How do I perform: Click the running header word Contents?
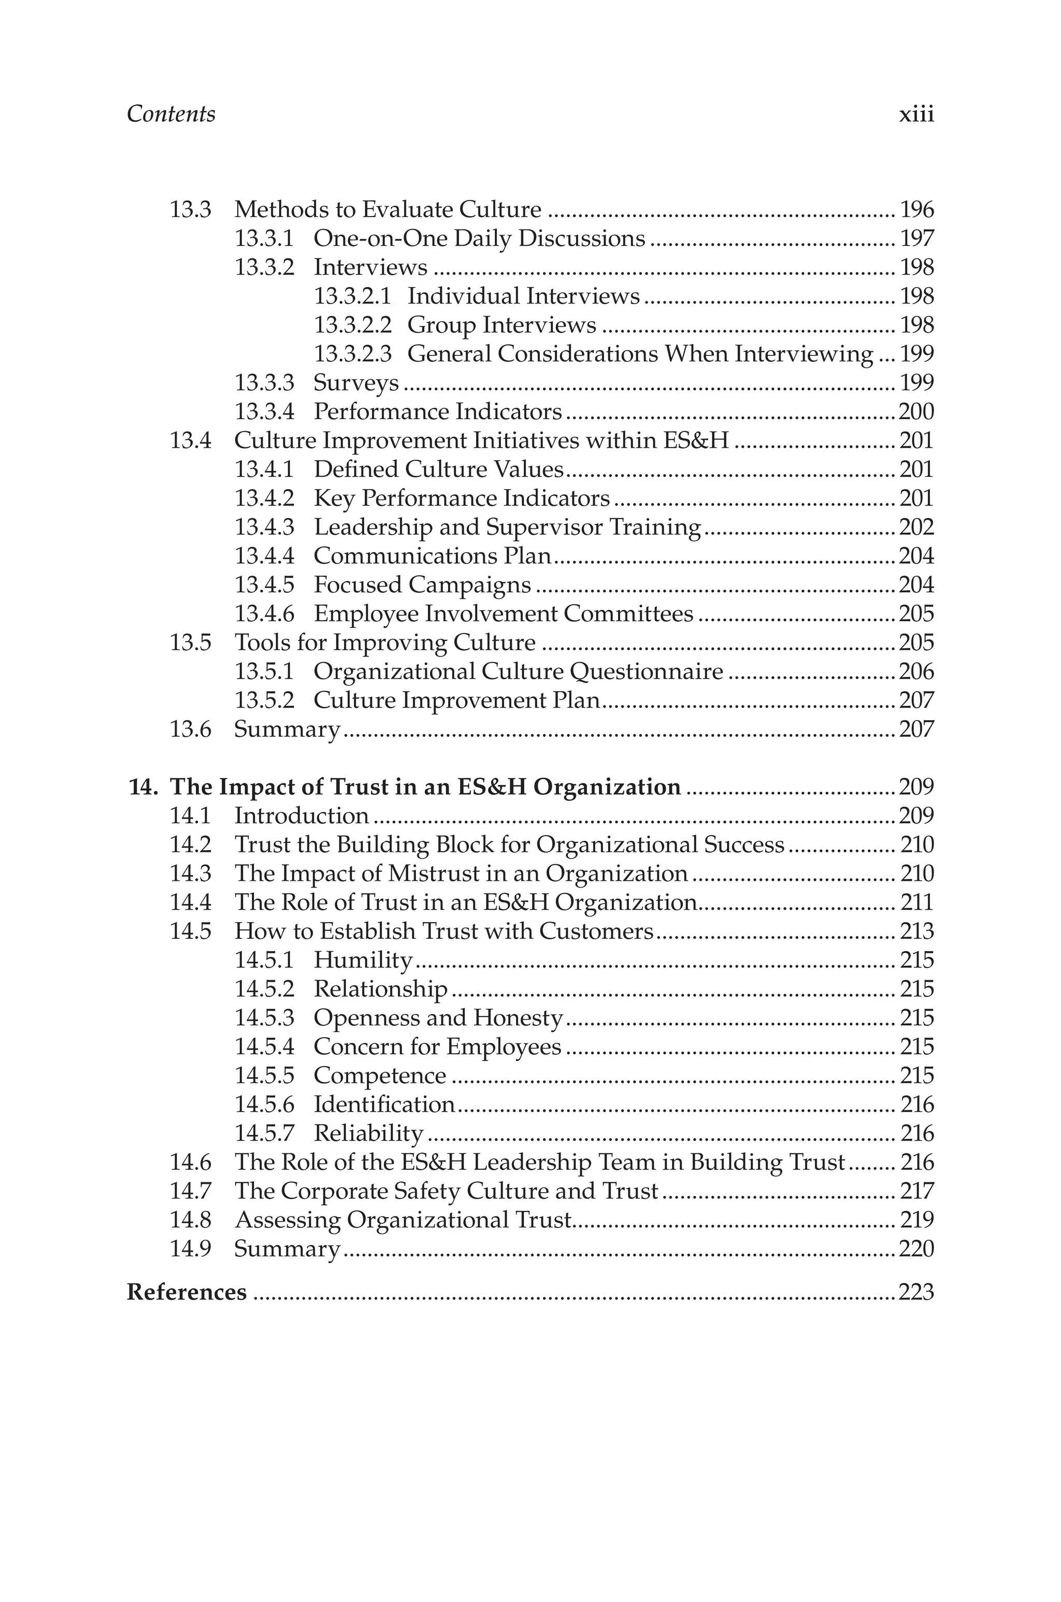170,113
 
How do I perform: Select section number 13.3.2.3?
352,354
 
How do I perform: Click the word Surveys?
356,383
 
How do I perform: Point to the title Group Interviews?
501,325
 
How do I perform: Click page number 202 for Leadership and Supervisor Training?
916,527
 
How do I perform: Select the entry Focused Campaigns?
422,584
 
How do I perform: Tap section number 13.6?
190,730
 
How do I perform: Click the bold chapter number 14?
143,787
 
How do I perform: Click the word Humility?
363,960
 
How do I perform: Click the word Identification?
384,1105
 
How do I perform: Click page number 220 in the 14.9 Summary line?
916,1249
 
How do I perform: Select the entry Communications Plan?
433,556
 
